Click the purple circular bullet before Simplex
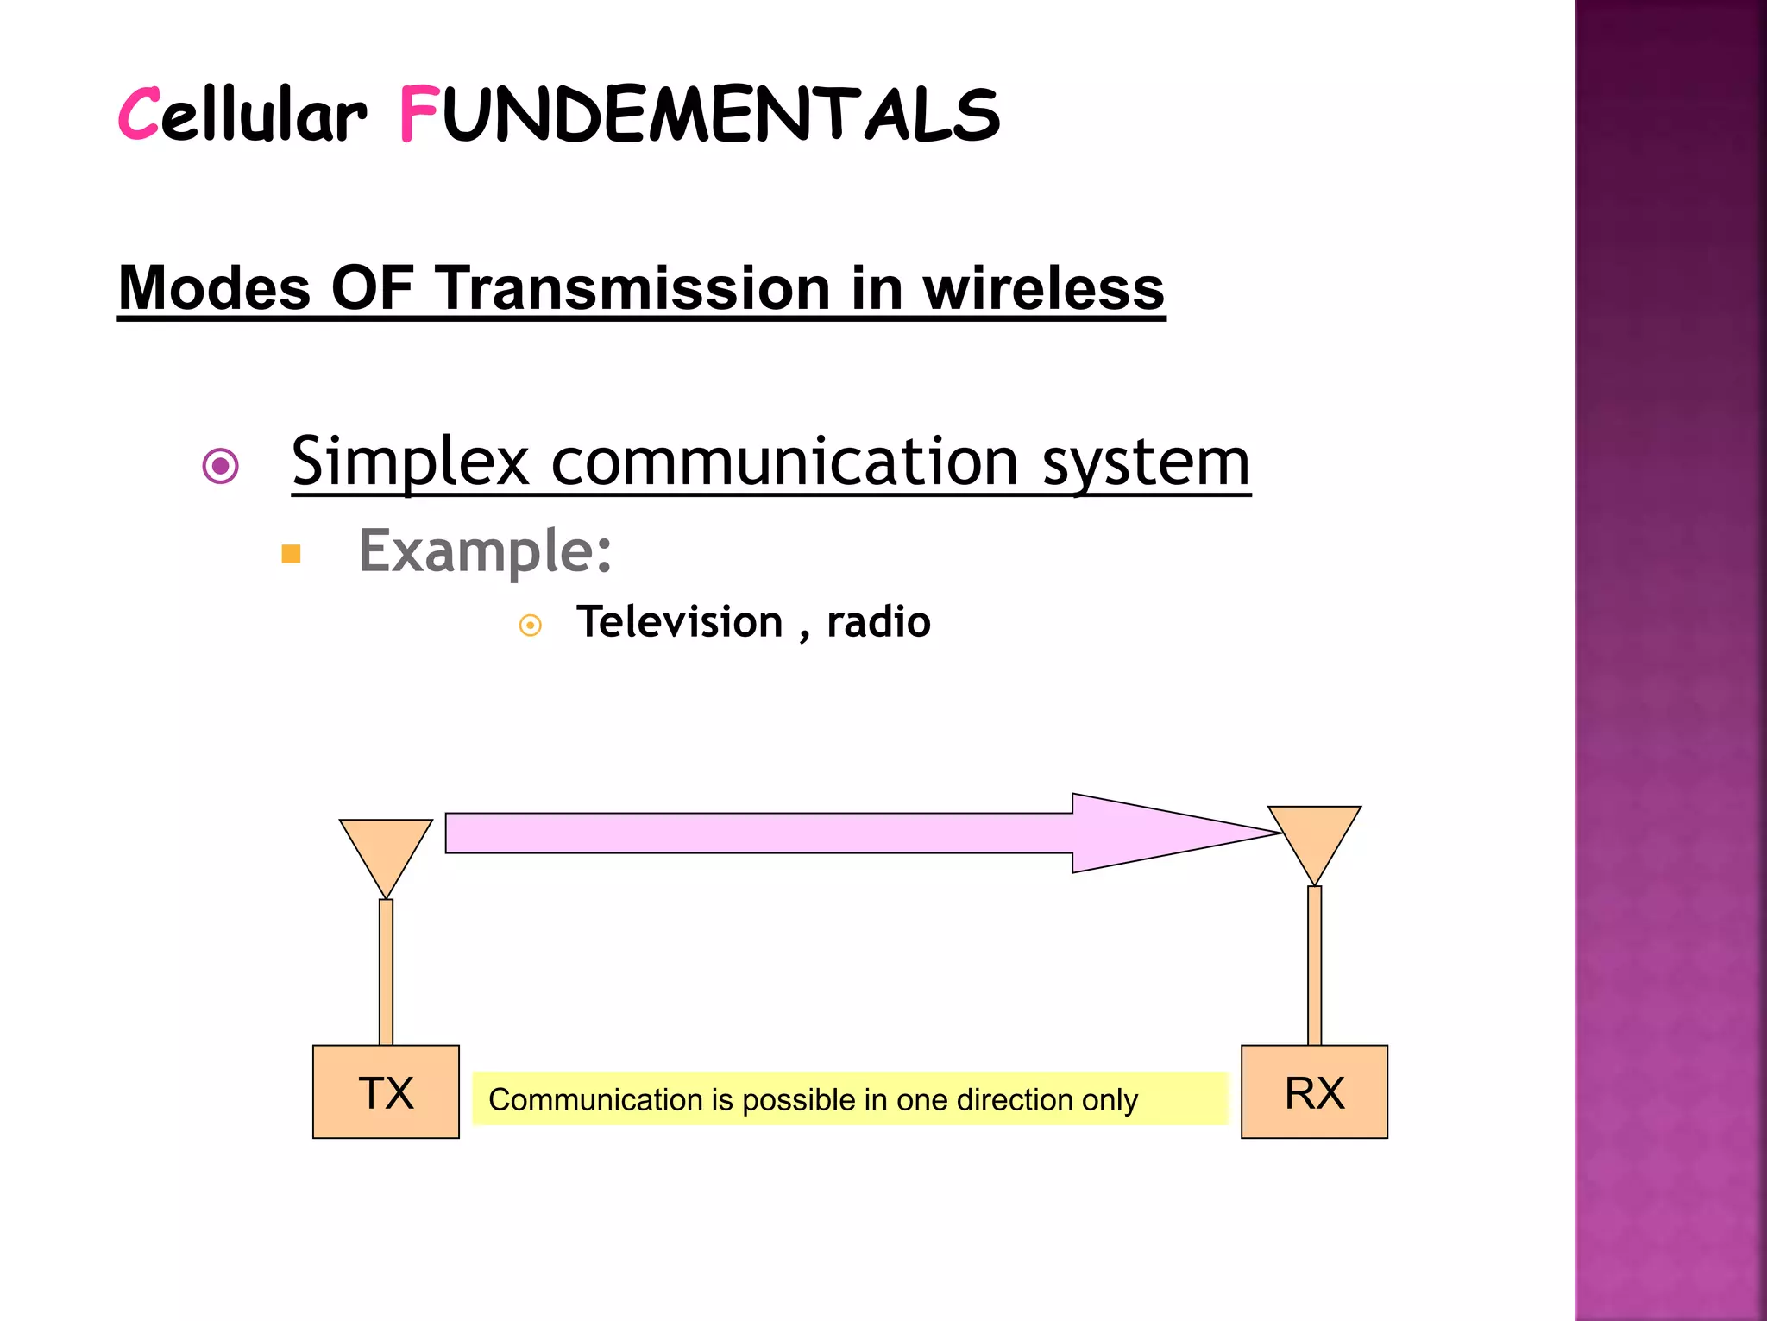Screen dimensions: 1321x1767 pyautogui.click(x=220, y=467)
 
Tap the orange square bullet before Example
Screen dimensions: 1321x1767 pyautogui.click(x=292, y=554)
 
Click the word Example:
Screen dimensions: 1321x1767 pyautogui.click(x=485, y=551)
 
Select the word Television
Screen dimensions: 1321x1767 pyautogui.click(x=680, y=622)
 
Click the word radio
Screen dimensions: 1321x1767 pyautogui.click(x=878, y=622)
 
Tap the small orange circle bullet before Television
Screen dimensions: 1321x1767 pyautogui.click(x=531, y=625)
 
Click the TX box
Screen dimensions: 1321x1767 pyautogui.click(x=386, y=1092)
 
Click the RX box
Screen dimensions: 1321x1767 pyautogui.click(x=1314, y=1092)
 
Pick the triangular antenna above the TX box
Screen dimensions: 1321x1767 pyautogui.click(x=386, y=850)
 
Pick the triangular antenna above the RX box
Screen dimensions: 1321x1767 pyautogui.click(x=1314, y=837)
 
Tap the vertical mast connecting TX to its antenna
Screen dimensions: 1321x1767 pyautogui.click(x=386, y=972)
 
